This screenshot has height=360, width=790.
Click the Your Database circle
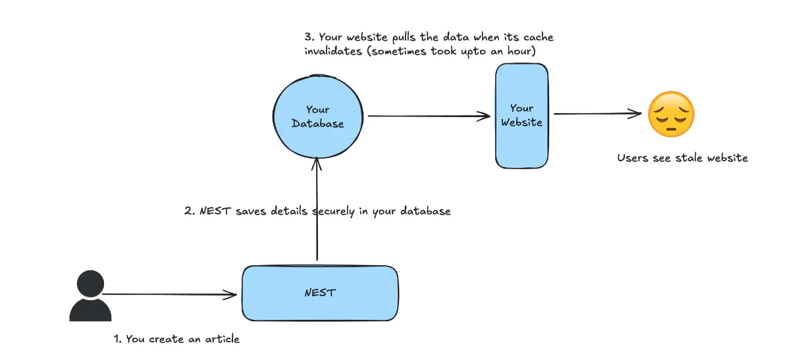click(317, 116)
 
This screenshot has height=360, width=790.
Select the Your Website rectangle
click(521, 115)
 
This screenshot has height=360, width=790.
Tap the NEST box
click(320, 292)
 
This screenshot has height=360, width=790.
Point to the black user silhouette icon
click(90, 297)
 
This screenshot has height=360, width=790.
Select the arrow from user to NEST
click(170, 294)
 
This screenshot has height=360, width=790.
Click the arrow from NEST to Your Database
click(317, 211)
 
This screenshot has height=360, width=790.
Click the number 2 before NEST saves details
click(187, 212)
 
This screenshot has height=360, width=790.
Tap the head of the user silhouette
click(90, 284)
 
